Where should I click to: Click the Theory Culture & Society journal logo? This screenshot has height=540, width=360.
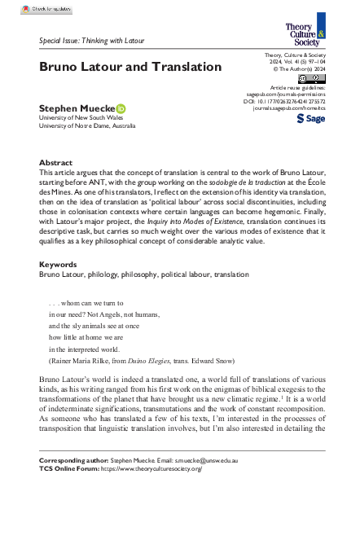[x=305, y=33]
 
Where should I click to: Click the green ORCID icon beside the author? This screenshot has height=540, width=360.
[x=121, y=108]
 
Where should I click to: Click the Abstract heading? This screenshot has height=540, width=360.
[x=55, y=163]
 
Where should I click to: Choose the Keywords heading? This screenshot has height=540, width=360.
[x=58, y=265]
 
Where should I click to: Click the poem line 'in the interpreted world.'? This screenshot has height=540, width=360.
[x=89, y=348]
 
